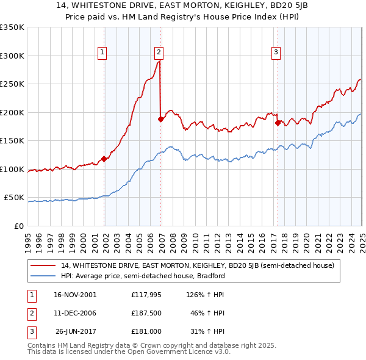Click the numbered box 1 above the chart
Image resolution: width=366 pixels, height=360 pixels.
[x=102, y=52]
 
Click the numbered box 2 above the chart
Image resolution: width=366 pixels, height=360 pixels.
[x=159, y=52]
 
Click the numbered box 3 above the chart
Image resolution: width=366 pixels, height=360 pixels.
[x=276, y=52]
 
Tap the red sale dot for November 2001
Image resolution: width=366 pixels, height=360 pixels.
[x=104, y=159]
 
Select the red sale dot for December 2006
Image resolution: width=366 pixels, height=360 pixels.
[x=160, y=120]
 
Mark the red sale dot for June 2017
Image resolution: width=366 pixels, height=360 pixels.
[x=278, y=123]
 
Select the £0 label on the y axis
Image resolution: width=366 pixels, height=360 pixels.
[x=19, y=226]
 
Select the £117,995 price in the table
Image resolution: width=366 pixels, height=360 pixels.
[x=145, y=294]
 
